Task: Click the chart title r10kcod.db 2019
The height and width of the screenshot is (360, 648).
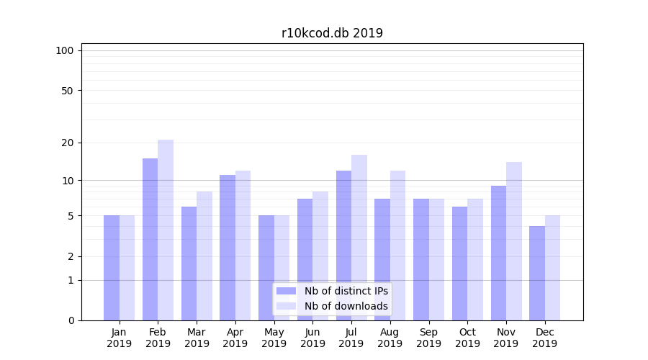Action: tap(332, 33)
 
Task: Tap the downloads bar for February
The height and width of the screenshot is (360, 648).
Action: tap(166, 230)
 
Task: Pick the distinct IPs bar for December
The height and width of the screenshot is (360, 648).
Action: tap(537, 273)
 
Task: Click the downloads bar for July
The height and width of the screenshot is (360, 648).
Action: tap(359, 238)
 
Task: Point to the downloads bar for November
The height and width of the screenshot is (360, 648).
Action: tap(513, 241)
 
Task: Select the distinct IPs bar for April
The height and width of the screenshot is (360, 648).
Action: tap(228, 248)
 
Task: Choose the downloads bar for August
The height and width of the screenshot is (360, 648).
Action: tap(397, 246)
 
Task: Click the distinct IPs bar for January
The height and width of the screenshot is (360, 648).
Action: tap(112, 268)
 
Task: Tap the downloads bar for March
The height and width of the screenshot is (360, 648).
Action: tap(204, 256)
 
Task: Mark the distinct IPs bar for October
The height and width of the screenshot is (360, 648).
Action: tap(459, 264)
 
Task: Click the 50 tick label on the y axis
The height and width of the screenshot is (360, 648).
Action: tap(67, 91)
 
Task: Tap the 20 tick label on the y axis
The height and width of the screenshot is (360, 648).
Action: tap(67, 143)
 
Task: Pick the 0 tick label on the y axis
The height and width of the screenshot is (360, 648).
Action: tap(71, 320)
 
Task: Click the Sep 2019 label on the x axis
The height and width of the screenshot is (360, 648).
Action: tap(428, 338)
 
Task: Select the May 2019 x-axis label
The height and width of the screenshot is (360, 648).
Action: tap(274, 338)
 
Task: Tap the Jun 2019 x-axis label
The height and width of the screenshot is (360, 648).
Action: tap(312, 338)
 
